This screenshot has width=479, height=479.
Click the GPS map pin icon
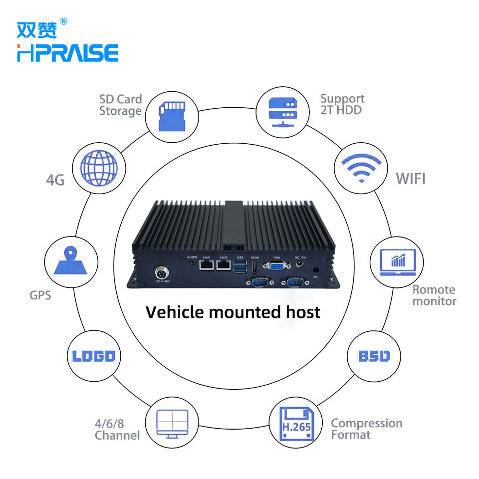pos(71,262)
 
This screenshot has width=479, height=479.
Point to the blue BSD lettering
pos(374,356)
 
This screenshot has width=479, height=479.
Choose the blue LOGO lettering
pos(94,356)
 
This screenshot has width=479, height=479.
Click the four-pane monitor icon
pos(172,424)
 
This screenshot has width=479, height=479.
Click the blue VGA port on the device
pos(276,265)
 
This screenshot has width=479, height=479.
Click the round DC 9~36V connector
pos(161,274)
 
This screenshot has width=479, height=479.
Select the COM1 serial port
pos(259,282)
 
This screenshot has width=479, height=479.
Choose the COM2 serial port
pos(294,282)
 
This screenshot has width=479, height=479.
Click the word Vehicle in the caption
pos(175,312)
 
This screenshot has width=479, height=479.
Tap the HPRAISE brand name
pos(68,53)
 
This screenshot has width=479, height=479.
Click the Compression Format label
pos(366,429)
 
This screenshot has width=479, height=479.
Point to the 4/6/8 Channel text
pos(117,430)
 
